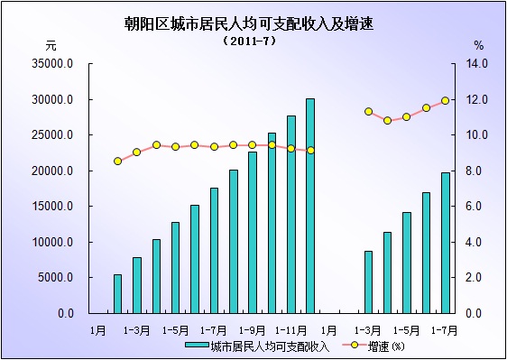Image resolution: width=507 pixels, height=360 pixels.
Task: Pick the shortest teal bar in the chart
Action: tap(117, 293)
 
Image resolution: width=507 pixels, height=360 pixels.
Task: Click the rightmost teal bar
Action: tap(446, 243)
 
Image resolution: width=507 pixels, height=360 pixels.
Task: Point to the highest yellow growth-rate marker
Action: tap(446, 100)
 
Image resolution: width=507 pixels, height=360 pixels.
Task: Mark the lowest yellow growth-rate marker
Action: tap(117, 162)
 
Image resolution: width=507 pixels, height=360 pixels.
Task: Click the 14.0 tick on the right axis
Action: tap(475, 64)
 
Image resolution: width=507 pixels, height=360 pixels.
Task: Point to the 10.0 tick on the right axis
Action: tap(475, 135)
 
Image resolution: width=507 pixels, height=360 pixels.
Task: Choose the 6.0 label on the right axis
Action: tap(475, 207)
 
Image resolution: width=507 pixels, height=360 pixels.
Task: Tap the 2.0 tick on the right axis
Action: tap(475, 278)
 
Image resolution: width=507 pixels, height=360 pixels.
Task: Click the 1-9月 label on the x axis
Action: tap(253, 329)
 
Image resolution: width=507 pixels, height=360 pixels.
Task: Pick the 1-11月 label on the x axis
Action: tap(291, 329)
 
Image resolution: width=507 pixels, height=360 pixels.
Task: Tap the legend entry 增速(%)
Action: tap(383, 346)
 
